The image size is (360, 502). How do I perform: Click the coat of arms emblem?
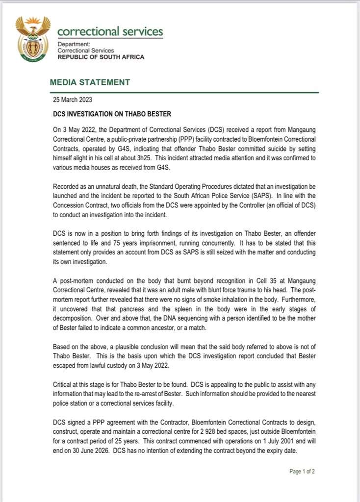[33, 39]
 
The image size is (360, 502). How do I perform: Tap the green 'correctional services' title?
[110, 32]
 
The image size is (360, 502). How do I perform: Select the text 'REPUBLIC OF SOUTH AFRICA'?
[101, 57]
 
